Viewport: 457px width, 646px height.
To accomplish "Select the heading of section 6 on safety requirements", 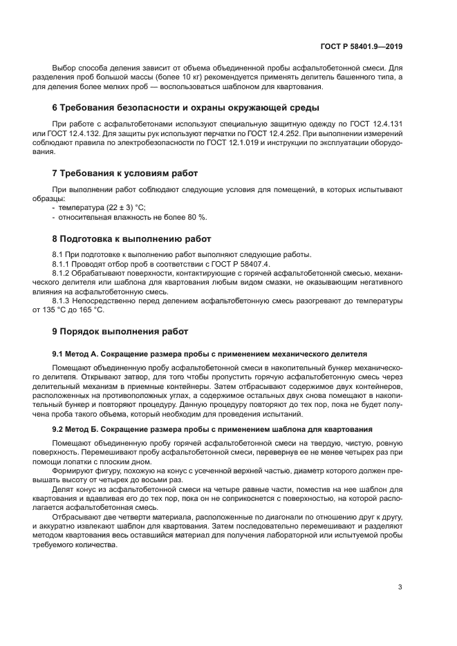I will click(x=185, y=108).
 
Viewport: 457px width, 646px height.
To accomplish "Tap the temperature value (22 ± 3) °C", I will click(x=118, y=207).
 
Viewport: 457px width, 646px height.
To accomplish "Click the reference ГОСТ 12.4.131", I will click(x=378, y=123).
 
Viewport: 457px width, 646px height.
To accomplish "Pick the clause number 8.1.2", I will click(x=62, y=274).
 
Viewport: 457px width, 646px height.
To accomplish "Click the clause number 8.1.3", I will click(x=62, y=301).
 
